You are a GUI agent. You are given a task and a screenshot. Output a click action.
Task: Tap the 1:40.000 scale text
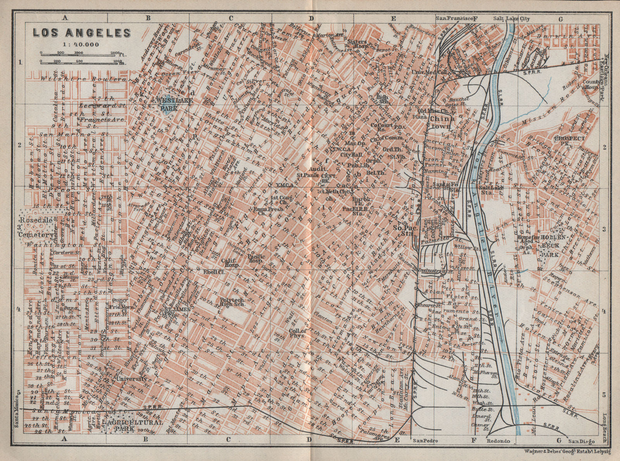[x=82, y=44]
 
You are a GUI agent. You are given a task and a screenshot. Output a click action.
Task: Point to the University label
[x=132, y=378]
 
